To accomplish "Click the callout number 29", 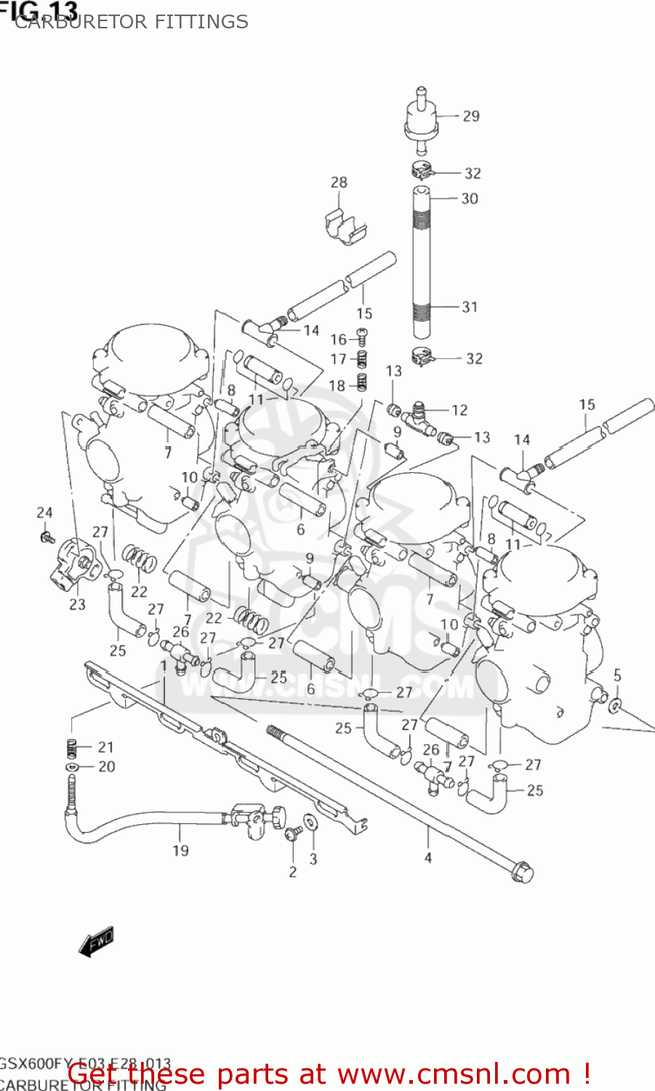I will point(471,116).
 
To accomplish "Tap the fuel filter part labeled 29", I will point(420,119).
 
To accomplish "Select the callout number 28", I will point(339,183).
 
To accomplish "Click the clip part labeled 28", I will point(344,225).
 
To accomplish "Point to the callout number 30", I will point(470,199).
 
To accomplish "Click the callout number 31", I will point(470,307).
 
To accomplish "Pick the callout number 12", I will point(459,410).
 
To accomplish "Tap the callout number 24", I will point(45,513).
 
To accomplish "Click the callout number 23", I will point(77,604).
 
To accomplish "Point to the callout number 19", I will point(180,850).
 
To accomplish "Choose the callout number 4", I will point(428,858).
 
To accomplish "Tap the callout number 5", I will point(617,676).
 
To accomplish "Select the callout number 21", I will point(106,747).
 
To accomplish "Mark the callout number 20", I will point(107,767).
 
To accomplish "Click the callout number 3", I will point(313,859).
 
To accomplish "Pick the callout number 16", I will point(338,340).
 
